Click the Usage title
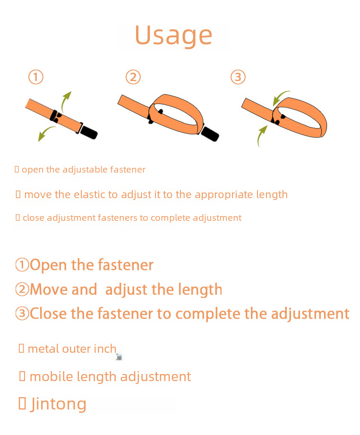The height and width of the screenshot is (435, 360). (173, 36)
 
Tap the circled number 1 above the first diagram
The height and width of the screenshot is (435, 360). (36, 77)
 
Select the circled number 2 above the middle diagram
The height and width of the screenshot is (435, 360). (133, 77)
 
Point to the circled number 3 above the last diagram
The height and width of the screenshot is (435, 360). (238, 77)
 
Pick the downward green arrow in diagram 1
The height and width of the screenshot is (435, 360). (45, 133)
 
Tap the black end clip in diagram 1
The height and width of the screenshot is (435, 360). (89, 132)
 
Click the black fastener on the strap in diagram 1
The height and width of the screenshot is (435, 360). (55, 116)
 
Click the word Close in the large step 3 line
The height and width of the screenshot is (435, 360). (49, 313)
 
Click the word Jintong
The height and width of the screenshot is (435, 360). (58, 404)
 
